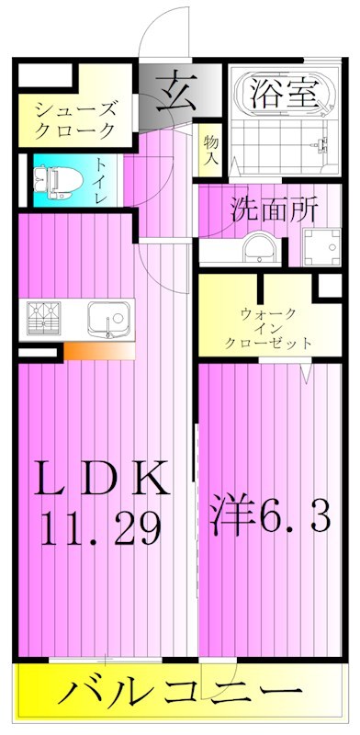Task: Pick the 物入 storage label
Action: point(210,150)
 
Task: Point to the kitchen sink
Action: point(108,320)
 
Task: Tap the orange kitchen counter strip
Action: point(98,351)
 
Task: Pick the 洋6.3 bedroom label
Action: point(272,517)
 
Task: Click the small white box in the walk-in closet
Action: point(326,286)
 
